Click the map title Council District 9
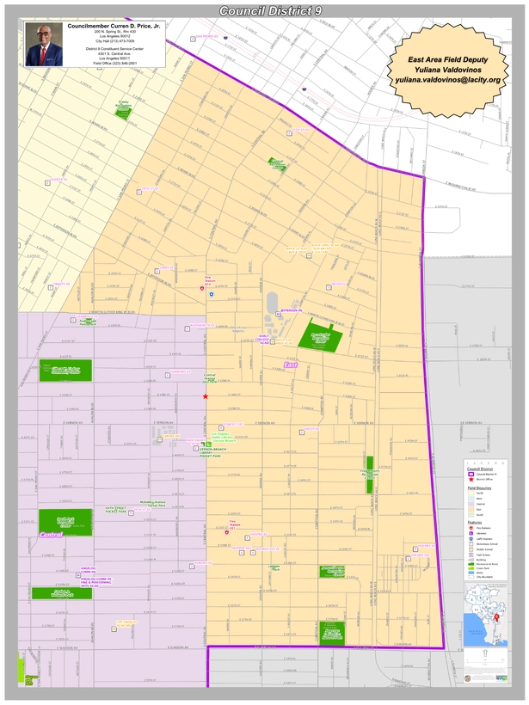tap(263, 10)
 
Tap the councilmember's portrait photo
tap(44, 45)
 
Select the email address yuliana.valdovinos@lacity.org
tap(447, 79)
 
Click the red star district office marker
tap(205, 396)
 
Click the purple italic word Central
tap(51, 535)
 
